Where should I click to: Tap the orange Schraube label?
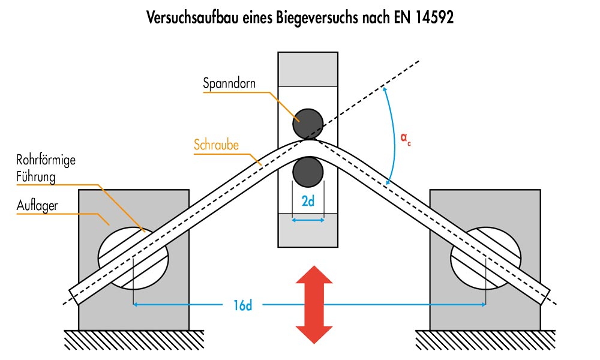point(216,145)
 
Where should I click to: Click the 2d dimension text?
point(308,202)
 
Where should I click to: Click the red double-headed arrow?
point(314,305)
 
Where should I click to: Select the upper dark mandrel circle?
point(308,123)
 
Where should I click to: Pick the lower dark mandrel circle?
point(308,171)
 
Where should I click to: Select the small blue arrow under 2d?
point(308,220)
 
